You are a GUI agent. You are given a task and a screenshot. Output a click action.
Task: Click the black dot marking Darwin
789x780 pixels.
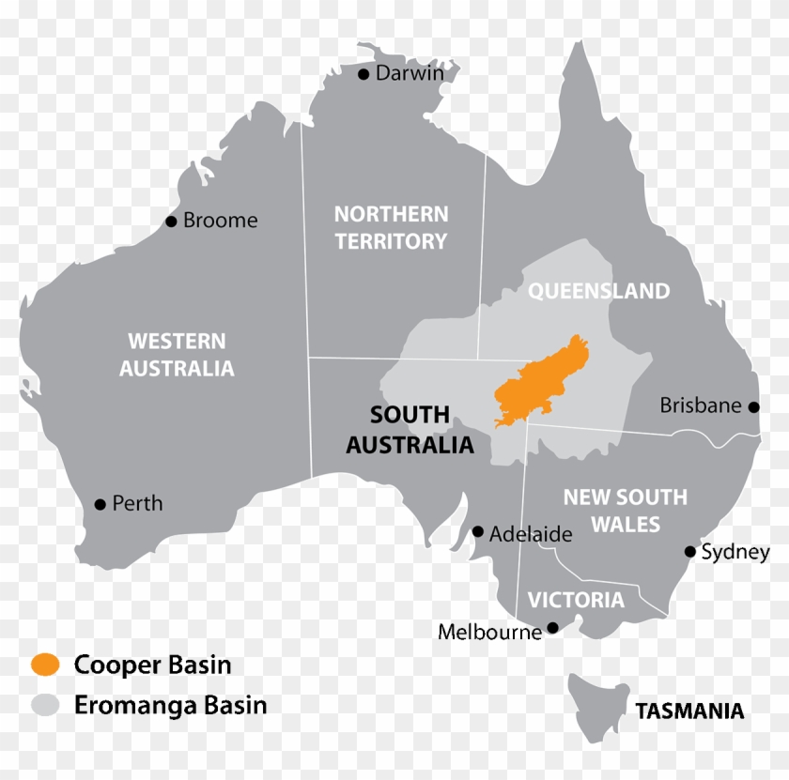[364, 74]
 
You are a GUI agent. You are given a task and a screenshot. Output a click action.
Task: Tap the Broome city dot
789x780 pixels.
[171, 222]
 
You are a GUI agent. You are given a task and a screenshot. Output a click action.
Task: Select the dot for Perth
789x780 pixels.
[101, 504]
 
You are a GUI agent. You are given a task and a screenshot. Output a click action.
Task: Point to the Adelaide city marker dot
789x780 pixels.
[478, 532]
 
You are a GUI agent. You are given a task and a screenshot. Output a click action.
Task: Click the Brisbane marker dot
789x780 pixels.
[753, 406]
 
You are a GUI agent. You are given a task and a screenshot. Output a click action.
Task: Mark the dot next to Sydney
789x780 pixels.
[690, 552]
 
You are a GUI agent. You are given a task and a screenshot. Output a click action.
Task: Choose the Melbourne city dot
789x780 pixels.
[553, 627]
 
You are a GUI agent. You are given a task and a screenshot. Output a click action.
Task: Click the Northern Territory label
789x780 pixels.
[391, 228]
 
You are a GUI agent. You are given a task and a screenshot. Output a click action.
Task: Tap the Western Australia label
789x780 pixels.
[177, 355]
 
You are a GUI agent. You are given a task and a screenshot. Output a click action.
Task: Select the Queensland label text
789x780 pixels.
[598, 291]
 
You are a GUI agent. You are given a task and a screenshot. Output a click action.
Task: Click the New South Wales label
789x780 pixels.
[625, 511]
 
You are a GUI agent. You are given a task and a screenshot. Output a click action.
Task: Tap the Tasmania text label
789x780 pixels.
[689, 711]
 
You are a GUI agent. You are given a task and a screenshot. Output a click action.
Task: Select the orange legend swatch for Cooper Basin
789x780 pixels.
[45, 665]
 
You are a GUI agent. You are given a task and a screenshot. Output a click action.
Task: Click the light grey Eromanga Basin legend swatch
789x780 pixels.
[45, 705]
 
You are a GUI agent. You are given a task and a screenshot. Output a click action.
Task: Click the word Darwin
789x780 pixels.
[410, 73]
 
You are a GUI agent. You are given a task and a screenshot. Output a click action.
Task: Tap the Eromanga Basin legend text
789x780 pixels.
[171, 705]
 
